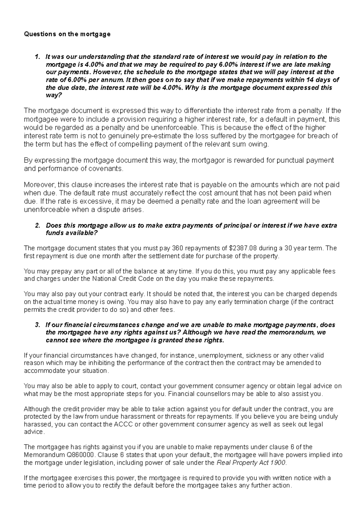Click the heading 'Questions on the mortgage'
point(67,34)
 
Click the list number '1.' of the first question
point(37,57)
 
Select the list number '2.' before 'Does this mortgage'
point(37,225)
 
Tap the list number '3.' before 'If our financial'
point(37,325)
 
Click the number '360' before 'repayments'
point(177,248)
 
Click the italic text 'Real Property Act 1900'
point(251,463)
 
